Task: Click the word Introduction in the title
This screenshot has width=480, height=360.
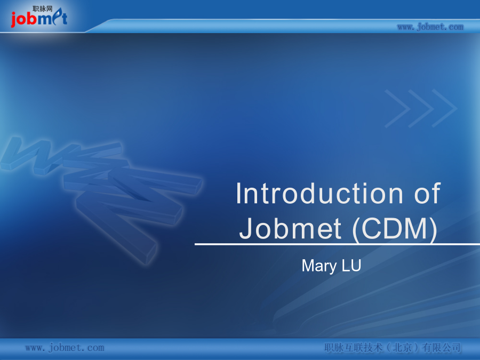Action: [x=319, y=193]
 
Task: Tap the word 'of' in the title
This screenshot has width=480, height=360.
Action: [x=427, y=193]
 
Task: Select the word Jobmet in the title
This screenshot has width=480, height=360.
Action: [x=290, y=228]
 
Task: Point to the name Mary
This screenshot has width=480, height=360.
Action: [x=319, y=266]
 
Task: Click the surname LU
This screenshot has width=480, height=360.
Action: [x=351, y=266]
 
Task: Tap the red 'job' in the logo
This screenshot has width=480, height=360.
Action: [x=24, y=19]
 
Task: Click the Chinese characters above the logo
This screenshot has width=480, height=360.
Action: [x=43, y=9]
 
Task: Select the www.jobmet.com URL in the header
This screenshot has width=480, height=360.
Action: [x=430, y=27]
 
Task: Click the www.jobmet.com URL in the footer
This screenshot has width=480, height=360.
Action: [x=65, y=348]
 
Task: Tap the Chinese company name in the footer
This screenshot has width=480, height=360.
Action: [x=393, y=348]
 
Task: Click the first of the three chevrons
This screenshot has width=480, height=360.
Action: [x=397, y=108]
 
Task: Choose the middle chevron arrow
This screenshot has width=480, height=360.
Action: [x=421, y=108]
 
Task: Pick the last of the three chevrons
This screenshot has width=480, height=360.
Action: [x=444, y=108]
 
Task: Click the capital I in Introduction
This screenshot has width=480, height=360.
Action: [x=239, y=193]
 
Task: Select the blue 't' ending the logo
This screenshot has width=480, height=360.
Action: [x=65, y=18]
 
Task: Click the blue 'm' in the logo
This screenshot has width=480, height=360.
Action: [x=45, y=20]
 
